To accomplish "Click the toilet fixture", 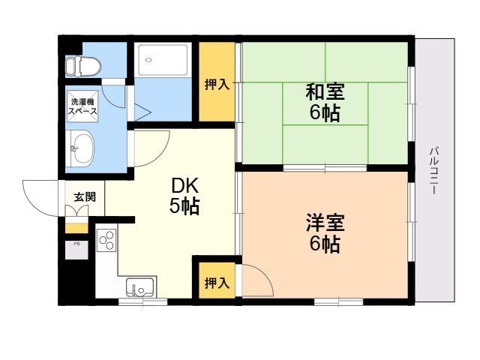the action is (x=83, y=66).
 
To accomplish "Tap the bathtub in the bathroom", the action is (x=163, y=60).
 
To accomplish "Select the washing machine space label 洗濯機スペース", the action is (x=82, y=106).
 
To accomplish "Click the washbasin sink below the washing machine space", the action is (x=82, y=148).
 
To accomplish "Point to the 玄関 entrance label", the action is (x=85, y=197).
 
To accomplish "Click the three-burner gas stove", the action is (x=106, y=240).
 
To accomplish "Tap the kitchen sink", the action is (x=140, y=287).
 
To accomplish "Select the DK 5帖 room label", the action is (x=184, y=196).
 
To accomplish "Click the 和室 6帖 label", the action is (x=325, y=102).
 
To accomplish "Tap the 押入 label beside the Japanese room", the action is (x=217, y=84).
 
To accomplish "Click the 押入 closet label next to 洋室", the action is (x=217, y=283).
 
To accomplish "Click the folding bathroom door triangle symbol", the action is (x=142, y=112).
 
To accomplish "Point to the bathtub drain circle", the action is (x=148, y=60).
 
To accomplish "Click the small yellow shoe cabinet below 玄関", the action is (x=76, y=228).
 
